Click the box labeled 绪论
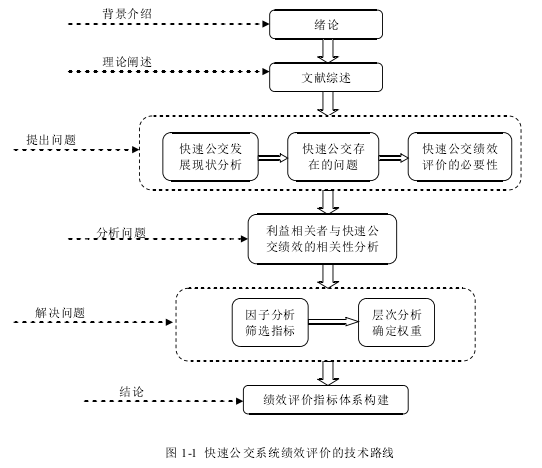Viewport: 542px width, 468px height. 326,24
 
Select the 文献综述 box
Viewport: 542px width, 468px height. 326,77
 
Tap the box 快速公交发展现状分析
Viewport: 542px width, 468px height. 211,157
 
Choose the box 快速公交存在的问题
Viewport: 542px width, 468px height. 333,157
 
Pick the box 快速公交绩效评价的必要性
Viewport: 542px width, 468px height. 460,157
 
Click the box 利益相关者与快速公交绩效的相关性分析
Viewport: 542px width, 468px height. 322,239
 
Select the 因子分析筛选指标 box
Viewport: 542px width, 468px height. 270,322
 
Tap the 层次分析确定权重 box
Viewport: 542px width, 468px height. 396,322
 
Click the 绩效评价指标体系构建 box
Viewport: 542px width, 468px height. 326,400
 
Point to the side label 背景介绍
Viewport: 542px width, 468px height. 127,14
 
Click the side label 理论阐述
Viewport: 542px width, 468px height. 127,62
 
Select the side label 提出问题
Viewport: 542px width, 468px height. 51,140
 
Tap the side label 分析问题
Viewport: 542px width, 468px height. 121,233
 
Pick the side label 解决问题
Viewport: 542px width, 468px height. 60,313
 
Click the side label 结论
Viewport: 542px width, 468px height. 131,392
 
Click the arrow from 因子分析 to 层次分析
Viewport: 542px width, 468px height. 333,322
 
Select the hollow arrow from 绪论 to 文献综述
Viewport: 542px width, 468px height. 328,51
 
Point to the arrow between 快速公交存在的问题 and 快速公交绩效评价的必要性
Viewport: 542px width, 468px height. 394,158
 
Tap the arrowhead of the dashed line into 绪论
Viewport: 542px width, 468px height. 266,24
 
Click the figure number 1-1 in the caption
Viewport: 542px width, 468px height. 189,452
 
